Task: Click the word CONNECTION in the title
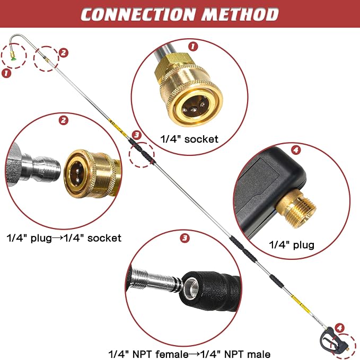pyautogui.click(x=139, y=14)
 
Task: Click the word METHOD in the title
pyautogui.click(x=240, y=14)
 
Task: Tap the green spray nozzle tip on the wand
pyautogui.click(x=13, y=59)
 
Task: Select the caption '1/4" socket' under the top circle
pyautogui.click(x=189, y=139)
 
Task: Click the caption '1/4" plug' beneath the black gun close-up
pyautogui.click(x=292, y=245)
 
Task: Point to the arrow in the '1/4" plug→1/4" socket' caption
pyautogui.click(x=57, y=238)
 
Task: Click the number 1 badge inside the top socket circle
pyautogui.click(x=193, y=46)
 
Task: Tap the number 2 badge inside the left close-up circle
pyautogui.click(x=64, y=120)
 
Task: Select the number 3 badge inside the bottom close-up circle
pyautogui.click(x=185, y=238)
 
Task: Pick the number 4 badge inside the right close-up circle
pyautogui.click(x=296, y=150)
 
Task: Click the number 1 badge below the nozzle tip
pyautogui.click(x=6, y=73)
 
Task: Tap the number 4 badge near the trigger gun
pyautogui.click(x=339, y=328)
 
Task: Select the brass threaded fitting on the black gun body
pyautogui.click(x=296, y=208)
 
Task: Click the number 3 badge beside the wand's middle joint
pyautogui.click(x=137, y=135)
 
